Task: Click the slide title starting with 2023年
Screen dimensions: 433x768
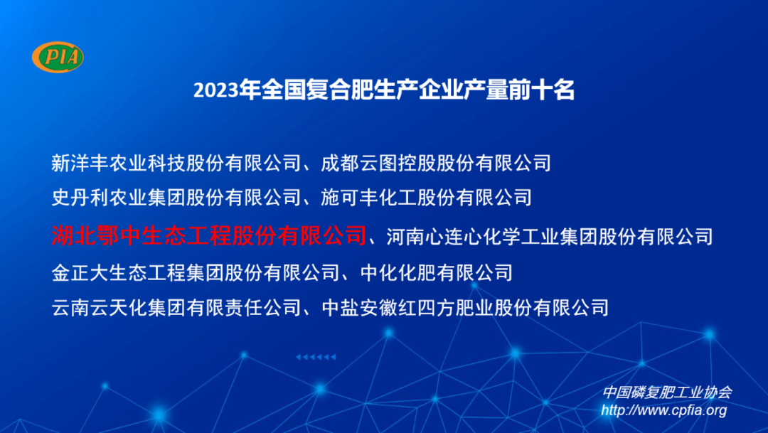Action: coord(383,90)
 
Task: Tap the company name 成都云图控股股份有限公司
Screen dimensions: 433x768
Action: coord(436,163)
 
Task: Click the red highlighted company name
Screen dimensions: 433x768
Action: coord(208,235)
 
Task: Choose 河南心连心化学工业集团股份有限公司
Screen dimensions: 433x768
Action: coord(549,235)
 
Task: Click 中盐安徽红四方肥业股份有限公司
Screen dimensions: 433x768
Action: coord(465,308)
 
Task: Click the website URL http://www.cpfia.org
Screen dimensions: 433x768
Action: coord(663,410)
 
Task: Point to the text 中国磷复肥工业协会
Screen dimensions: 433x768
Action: coord(666,392)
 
